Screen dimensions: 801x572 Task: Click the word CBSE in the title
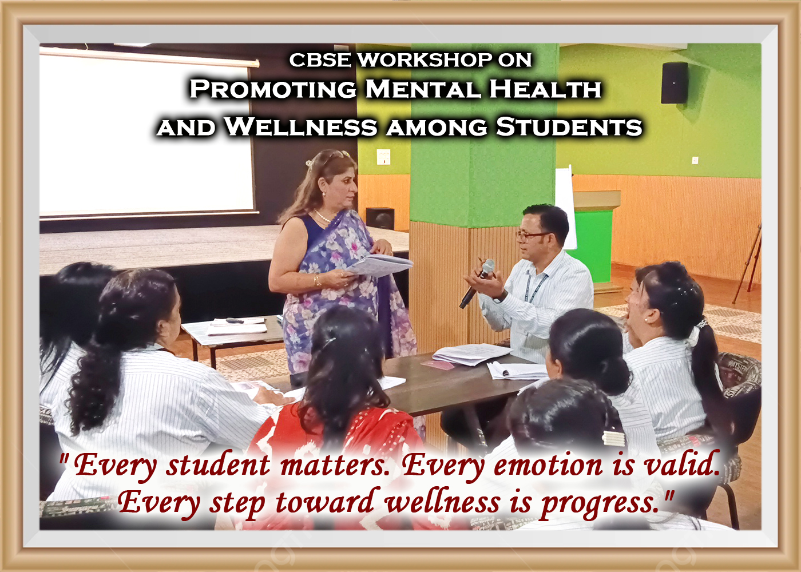point(320,60)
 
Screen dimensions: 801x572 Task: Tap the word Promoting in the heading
point(273,89)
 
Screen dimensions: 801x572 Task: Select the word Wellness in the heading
point(301,126)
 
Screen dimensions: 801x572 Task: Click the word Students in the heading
point(569,126)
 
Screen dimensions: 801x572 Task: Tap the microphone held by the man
point(476,284)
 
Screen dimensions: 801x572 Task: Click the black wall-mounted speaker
point(675,82)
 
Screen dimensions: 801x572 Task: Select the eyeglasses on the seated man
point(531,236)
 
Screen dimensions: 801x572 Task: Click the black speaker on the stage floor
point(380,218)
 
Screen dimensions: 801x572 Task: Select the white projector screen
point(146,134)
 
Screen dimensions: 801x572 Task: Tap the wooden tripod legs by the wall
point(747,264)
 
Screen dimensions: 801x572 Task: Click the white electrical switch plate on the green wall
point(383,157)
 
